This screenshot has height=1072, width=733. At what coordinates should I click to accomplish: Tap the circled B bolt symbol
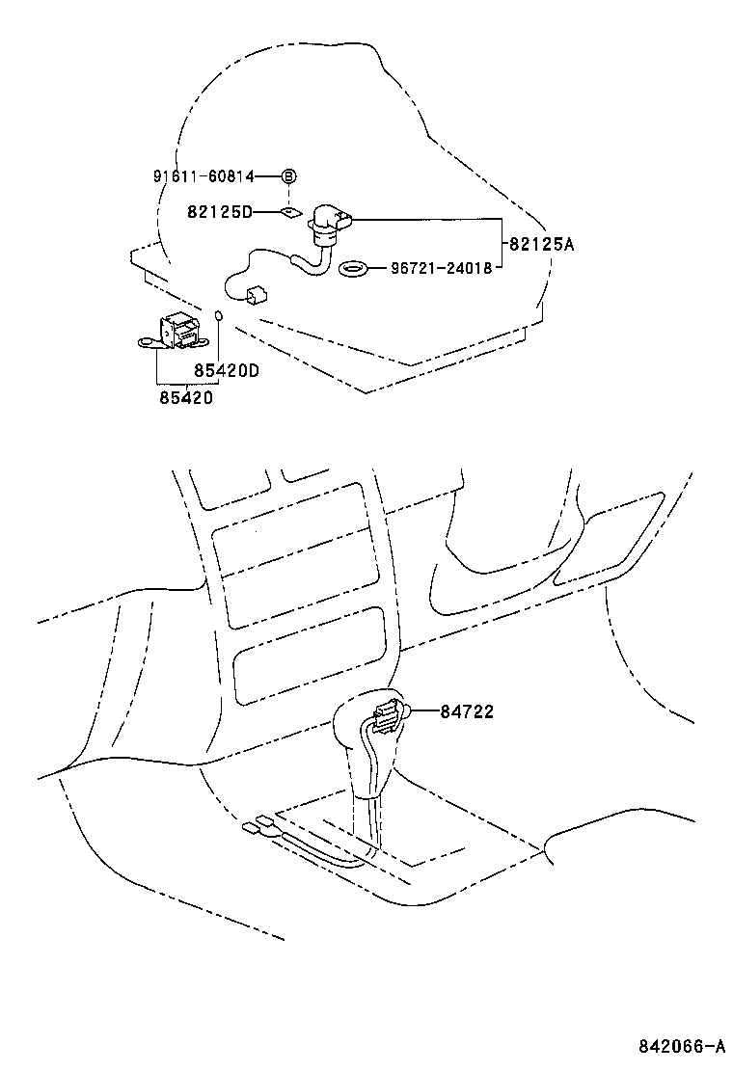tap(288, 176)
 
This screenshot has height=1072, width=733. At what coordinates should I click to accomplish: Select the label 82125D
tap(220, 211)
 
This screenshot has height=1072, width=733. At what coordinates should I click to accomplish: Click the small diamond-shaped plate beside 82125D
tap(288, 211)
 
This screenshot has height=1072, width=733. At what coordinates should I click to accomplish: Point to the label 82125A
tap(540, 245)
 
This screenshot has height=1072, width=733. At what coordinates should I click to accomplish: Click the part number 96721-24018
tap(441, 267)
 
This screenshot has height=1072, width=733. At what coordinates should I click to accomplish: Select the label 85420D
tap(227, 369)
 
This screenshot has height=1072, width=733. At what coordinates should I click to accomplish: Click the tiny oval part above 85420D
tap(220, 314)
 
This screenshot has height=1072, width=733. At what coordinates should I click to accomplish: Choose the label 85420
tap(186, 396)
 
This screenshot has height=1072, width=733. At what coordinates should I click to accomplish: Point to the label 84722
tap(467, 712)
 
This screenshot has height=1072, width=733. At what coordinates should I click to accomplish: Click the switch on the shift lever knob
tap(387, 716)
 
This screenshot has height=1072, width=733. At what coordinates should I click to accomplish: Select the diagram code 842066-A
tap(679, 1046)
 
